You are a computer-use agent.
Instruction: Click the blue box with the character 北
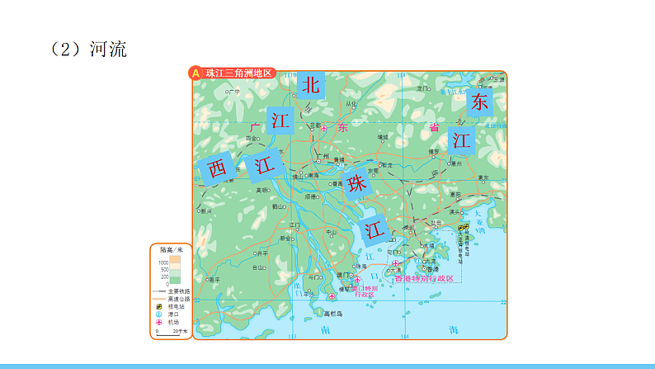click(310, 84)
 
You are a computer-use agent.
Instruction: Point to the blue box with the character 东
click(479, 102)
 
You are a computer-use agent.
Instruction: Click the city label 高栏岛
click(333, 315)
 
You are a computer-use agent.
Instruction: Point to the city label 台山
click(259, 267)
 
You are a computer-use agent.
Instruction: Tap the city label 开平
click(262, 253)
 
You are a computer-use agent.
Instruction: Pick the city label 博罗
click(434, 152)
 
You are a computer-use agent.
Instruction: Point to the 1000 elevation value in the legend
click(163, 261)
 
